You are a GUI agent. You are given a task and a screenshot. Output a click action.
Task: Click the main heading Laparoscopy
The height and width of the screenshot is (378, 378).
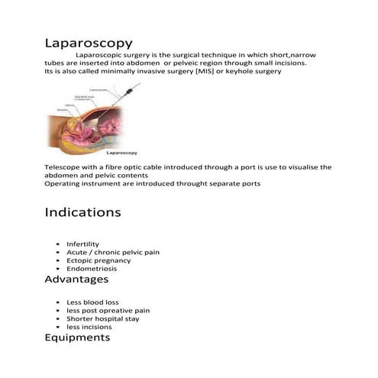click(89, 43)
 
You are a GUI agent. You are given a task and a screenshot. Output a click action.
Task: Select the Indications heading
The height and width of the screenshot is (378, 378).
click(82, 212)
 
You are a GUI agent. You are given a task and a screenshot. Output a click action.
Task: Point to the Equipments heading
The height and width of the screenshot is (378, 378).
click(77, 337)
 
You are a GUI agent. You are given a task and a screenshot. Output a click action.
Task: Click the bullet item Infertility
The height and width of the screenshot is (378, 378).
click(83, 244)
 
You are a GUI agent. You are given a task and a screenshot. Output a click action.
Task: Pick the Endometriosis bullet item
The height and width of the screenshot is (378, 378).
click(92, 269)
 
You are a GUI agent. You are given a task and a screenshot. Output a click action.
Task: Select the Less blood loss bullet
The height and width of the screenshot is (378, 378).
click(92, 302)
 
